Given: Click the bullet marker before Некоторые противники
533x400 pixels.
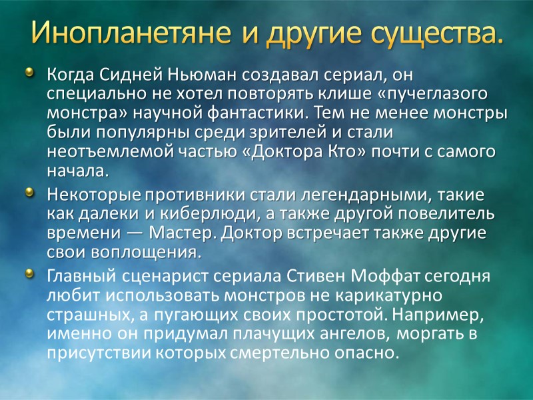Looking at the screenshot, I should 29,193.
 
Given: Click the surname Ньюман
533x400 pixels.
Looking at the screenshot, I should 197,73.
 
